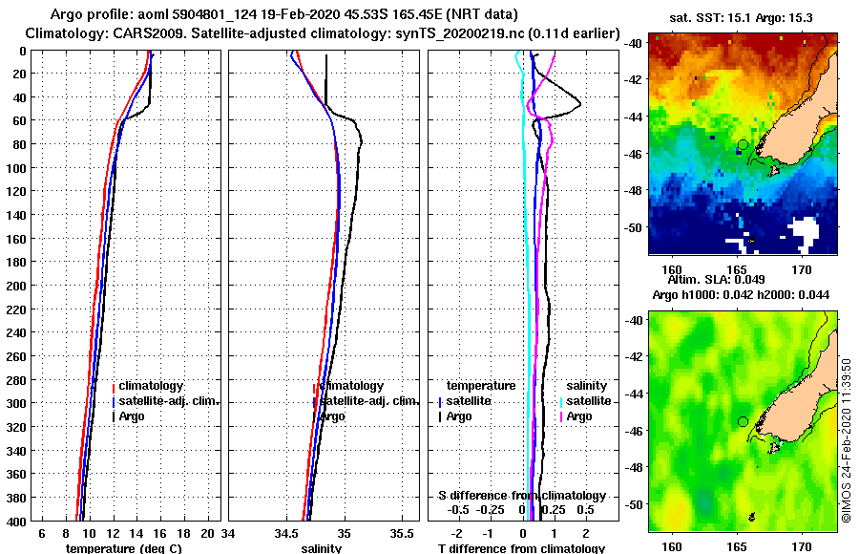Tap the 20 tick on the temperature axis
(210, 535)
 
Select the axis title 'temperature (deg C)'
(123, 548)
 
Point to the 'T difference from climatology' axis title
(521, 548)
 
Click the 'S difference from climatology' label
(522, 496)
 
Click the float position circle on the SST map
(743, 144)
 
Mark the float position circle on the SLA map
(743, 421)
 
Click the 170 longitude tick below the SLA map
(802, 546)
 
